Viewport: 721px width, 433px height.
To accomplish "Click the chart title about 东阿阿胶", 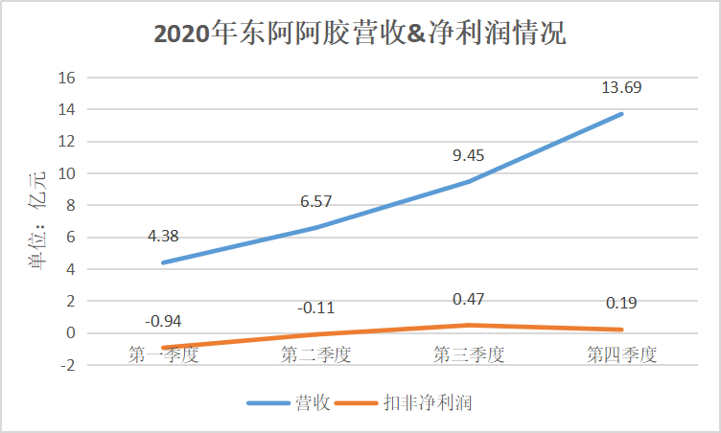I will click(x=360, y=35).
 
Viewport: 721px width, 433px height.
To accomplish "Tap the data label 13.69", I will click(x=621, y=88).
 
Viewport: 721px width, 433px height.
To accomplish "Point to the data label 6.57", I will click(x=315, y=201).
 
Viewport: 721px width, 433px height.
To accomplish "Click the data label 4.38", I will click(x=163, y=236).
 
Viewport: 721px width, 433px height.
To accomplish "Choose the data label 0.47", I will click(x=468, y=300).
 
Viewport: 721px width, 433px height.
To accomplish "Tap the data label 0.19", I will click(x=621, y=304).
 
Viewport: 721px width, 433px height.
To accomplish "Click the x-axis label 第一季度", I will click(x=163, y=354).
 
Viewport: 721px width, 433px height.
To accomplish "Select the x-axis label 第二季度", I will click(x=315, y=354).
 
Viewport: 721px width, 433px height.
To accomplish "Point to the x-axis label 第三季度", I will click(x=468, y=354).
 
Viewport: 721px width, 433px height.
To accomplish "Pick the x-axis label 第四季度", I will click(x=621, y=354).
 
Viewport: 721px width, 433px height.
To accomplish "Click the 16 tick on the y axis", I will click(x=68, y=78).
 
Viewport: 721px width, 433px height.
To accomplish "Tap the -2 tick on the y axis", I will click(x=68, y=365).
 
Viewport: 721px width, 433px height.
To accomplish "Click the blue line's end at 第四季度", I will click(x=621, y=114).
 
